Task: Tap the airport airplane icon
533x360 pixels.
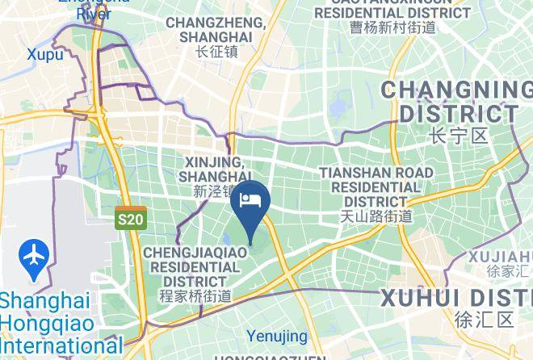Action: pos(33,256)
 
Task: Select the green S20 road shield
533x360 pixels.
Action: pos(130,219)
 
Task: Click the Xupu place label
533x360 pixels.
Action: pos(45,54)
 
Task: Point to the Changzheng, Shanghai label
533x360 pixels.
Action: pos(216,30)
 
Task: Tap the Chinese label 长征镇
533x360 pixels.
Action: pos(216,52)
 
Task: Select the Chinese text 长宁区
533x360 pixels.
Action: pos(459,135)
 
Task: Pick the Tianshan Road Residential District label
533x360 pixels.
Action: pos(376,186)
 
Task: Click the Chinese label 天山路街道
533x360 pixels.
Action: pos(376,216)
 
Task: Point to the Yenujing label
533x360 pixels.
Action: pos(277,336)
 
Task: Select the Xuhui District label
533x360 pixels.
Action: pos(456,296)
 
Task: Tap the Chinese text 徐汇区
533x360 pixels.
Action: pos(484,320)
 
